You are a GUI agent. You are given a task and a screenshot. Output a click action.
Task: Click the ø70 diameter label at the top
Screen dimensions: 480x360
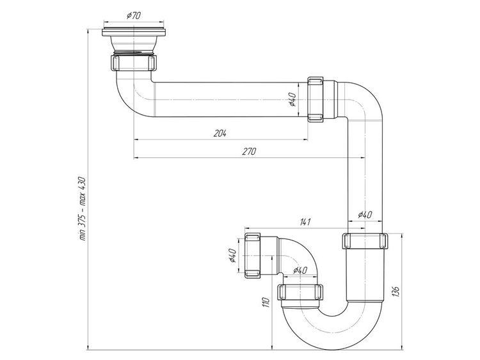(134, 15)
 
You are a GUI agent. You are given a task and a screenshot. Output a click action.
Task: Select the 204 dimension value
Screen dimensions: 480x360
(220, 134)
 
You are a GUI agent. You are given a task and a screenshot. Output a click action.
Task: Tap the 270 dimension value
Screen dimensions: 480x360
(249, 152)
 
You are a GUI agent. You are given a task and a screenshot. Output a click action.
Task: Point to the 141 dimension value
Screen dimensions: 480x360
(305, 222)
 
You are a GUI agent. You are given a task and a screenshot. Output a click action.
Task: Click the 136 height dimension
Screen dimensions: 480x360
(396, 292)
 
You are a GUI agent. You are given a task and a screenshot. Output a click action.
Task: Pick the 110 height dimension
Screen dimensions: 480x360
(266, 302)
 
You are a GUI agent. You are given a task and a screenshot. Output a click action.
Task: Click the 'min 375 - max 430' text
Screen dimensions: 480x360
(83, 208)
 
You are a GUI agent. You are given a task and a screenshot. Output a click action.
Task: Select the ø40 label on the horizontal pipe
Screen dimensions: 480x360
(292, 99)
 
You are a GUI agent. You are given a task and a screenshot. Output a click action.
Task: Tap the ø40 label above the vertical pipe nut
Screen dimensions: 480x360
(365, 215)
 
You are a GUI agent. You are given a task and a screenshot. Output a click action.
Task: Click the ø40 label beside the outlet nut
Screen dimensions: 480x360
(232, 255)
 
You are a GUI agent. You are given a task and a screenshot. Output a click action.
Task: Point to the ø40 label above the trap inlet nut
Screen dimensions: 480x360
(300, 270)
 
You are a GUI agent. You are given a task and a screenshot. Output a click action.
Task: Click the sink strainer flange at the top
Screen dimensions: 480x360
(134, 32)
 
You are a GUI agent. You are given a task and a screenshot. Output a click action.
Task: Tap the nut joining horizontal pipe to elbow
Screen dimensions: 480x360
(316, 99)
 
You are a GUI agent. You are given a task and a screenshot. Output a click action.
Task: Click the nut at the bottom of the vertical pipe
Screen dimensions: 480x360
(365, 241)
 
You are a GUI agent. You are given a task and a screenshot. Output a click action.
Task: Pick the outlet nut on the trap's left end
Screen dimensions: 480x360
(253, 255)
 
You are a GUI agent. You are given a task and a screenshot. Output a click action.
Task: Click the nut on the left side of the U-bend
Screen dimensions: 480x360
(300, 292)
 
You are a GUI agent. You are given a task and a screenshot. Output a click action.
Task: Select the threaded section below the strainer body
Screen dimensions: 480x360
(134, 52)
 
